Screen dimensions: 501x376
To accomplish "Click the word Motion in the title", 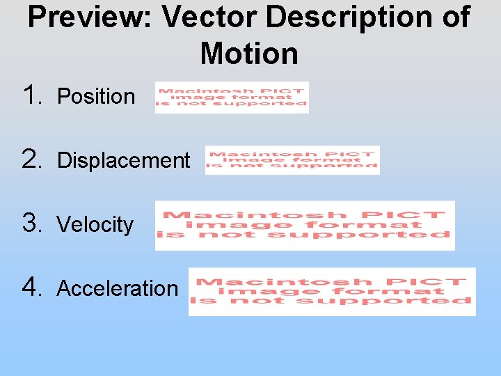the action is [x=249, y=54].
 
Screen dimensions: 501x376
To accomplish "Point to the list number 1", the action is [x=33, y=95].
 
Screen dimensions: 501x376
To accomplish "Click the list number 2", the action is [x=33, y=159].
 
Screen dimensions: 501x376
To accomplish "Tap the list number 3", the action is [x=33, y=223].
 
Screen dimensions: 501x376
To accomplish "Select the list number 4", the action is [x=33, y=287].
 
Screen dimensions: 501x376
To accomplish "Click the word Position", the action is [x=96, y=96].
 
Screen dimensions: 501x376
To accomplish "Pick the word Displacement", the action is [x=123, y=160].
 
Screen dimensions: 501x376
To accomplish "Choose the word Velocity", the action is [x=95, y=224].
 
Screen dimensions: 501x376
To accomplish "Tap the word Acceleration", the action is [x=118, y=288].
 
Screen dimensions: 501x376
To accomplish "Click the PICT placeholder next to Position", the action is [x=232, y=97].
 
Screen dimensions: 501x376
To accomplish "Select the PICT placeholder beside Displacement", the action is [x=292, y=160].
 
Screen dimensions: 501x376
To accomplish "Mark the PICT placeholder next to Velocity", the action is [x=305, y=225].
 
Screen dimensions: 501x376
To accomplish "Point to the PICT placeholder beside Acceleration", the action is [x=332, y=291].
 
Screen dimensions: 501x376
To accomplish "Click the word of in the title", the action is [x=454, y=17].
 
